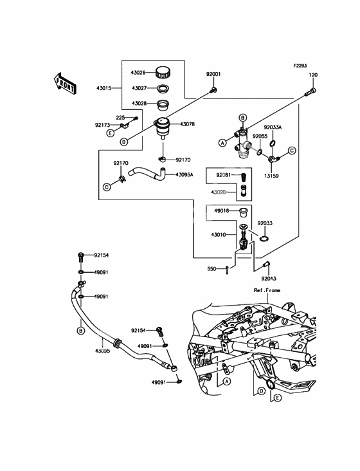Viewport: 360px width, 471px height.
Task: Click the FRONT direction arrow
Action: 64,84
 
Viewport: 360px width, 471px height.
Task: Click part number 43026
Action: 138,73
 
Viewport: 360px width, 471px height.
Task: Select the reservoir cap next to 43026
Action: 163,72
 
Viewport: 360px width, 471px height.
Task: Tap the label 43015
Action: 104,88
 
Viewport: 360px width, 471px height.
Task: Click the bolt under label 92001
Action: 213,89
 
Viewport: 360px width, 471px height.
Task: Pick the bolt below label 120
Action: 310,91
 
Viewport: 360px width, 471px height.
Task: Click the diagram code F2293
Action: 300,66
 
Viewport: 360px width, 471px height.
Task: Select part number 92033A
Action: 273,127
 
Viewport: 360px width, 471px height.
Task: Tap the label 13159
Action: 271,176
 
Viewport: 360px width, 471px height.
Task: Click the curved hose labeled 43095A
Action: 147,174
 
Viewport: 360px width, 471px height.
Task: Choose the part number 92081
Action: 224,175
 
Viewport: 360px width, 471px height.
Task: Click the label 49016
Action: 221,211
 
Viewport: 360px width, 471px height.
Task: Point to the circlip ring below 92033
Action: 264,239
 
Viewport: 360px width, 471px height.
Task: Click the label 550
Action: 212,269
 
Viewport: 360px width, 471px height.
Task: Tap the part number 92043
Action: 269,279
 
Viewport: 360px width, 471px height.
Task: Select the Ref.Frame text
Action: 267,290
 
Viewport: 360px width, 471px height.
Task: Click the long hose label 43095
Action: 103,351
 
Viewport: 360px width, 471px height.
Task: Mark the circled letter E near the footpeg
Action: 278,398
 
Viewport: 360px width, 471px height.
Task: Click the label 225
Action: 121,118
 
